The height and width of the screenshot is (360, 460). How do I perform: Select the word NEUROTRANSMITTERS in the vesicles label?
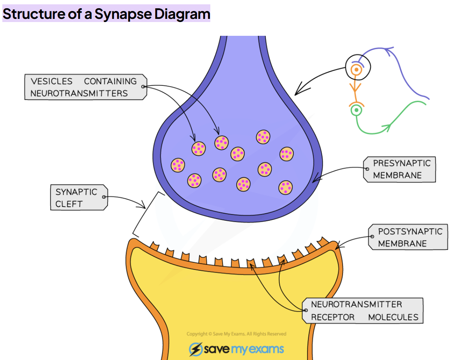[x=79, y=93]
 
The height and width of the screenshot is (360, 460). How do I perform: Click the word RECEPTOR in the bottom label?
[x=333, y=317]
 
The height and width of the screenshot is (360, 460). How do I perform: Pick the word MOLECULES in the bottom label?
[x=393, y=317]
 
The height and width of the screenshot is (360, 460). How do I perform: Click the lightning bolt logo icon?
[x=196, y=349]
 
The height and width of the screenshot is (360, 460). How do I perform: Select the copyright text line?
[x=236, y=334]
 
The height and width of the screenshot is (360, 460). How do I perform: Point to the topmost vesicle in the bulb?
[x=263, y=137]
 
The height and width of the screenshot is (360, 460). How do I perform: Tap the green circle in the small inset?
[x=356, y=110]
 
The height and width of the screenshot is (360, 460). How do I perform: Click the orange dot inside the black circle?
[x=356, y=70]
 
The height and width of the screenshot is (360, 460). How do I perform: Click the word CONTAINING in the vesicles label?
[x=110, y=81]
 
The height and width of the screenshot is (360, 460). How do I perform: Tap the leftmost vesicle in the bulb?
[x=178, y=165]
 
